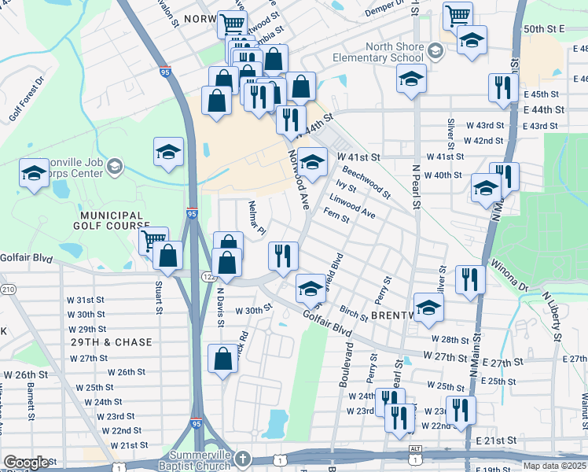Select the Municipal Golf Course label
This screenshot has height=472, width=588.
click(110, 220)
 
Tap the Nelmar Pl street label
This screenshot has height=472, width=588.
click(256, 216)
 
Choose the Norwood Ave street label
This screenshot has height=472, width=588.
click(298, 179)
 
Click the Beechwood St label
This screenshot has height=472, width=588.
click(366, 180)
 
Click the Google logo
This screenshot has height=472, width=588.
click(26, 463)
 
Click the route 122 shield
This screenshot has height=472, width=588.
click(208, 277)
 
